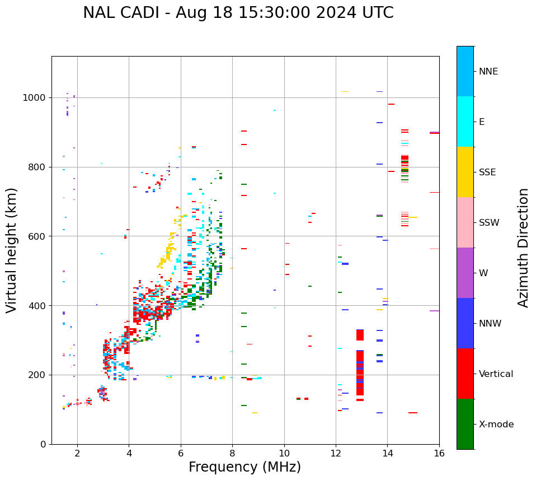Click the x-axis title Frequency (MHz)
click(245, 467)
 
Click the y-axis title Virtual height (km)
click(12, 250)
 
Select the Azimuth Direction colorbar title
click(523, 247)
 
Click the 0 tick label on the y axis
click(43, 444)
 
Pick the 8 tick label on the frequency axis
click(232, 453)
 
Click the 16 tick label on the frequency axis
click(439, 453)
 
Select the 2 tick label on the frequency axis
click(77, 453)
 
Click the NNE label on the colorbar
click(488, 72)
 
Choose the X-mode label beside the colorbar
click(496, 425)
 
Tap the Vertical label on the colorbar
click(496, 374)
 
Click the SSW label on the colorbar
click(489, 223)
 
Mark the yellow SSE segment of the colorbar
click(465, 172)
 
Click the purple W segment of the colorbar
click(465, 273)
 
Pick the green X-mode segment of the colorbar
click(465, 424)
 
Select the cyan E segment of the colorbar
click(465, 122)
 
